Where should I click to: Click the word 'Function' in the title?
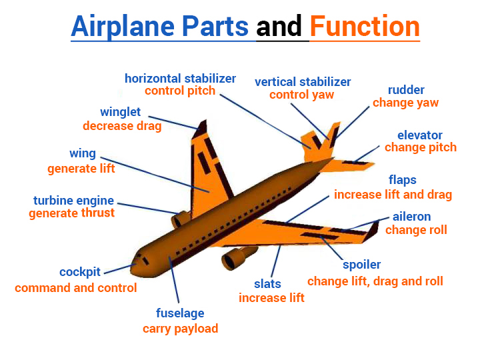point(365,27)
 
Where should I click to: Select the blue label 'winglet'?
point(121,112)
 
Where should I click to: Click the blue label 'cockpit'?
point(80,272)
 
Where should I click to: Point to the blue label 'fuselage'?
point(180,313)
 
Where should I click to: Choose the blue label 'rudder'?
point(406,90)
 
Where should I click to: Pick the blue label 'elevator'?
point(420,135)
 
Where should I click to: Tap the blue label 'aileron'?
point(411,217)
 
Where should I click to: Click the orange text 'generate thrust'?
point(72,213)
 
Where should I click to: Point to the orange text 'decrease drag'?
point(122,125)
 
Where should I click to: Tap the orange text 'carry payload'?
point(180,328)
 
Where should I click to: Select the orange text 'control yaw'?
point(302,95)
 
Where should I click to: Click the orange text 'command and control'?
point(76,288)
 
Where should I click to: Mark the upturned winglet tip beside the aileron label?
point(371,231)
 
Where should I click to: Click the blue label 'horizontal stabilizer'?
point(180,79)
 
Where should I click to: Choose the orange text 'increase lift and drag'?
point(393,195)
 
